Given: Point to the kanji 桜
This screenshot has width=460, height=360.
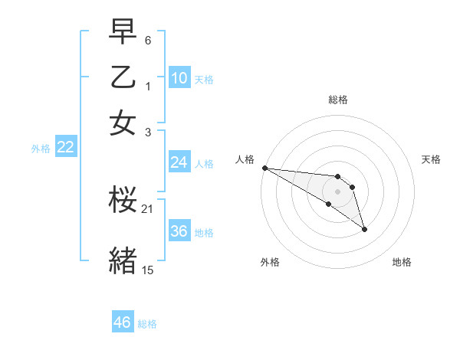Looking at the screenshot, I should click(123, 201).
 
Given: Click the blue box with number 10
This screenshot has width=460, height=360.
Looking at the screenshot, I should click(179, 78).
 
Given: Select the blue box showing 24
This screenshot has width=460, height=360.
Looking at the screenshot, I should click(179, 162).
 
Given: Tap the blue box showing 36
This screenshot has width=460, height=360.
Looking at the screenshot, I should click(179, 231).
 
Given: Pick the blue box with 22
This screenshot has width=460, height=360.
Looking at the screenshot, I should click(66, 148).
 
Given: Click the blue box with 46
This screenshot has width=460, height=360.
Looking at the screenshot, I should click(123, 322).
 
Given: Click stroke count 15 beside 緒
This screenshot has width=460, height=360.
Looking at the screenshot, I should click(148, 270).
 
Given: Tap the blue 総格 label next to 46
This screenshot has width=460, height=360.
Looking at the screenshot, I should click(147, 324).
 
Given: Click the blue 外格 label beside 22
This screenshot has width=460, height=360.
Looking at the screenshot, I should click(40, 149).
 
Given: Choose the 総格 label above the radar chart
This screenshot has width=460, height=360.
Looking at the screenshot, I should click(338, 100).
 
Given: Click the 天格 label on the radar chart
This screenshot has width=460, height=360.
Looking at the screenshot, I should click(431, 159).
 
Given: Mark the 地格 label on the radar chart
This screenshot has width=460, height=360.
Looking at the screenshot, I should click(402, 262).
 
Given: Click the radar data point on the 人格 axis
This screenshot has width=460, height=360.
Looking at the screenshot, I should click(264, 168).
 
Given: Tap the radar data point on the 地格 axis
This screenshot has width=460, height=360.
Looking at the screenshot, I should click(364, 228).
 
